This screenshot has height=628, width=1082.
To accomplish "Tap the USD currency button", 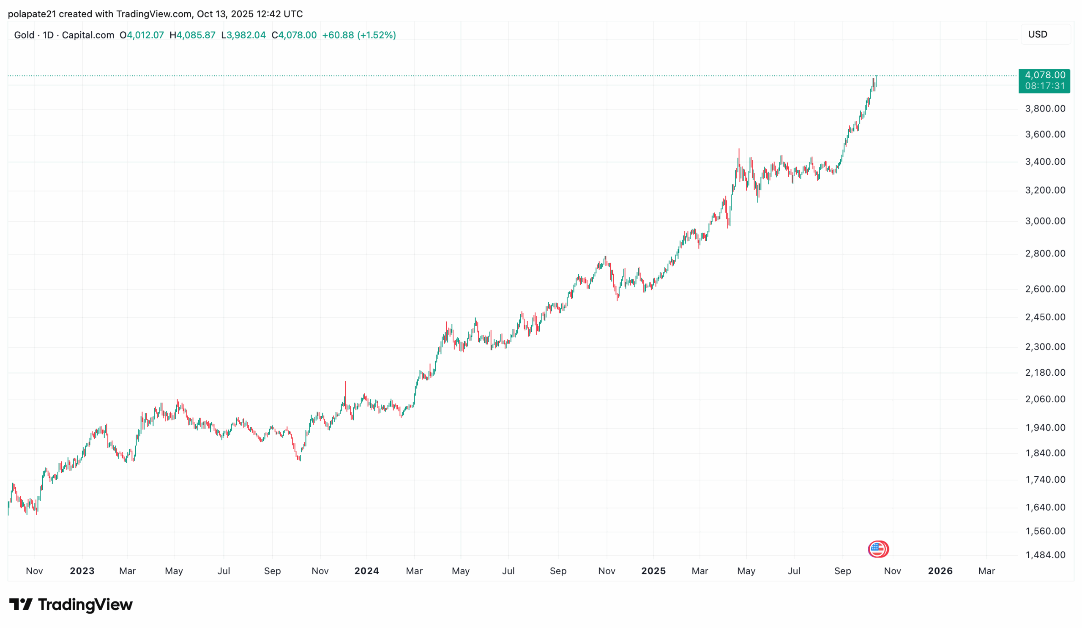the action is tap(1037, 34).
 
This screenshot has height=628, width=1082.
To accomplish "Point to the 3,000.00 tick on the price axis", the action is tap(1045, 221).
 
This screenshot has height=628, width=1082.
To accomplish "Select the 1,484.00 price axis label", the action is tap(1045, 555).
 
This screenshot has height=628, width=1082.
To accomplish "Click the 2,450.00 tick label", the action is tap(1045, 317).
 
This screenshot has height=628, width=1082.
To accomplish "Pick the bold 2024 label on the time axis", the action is tap(367, 571).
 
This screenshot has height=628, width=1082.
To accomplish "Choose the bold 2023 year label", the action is tap(82, 571).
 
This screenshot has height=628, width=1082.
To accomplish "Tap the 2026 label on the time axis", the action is tap(940, 571).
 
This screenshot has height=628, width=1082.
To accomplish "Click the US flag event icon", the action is tap(878, 549).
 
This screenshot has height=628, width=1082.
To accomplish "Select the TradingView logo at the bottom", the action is tap(71, 604).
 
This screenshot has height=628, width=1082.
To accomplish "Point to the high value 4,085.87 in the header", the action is tap(196, 35).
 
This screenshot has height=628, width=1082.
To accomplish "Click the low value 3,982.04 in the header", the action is tap(246, 35).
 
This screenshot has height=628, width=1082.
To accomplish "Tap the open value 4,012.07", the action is tap(145, 35).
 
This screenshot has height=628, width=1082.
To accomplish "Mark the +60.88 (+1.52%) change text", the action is tap(359, 35).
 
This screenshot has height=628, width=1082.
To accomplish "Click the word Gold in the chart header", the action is tap(24, 35).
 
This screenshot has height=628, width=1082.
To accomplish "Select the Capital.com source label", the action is tap(88, 35).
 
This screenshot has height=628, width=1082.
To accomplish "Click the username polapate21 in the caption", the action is tap(32, 14).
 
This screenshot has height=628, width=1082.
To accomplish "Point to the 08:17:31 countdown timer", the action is tap(1045, 86).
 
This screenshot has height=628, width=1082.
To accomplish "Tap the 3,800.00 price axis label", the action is tap(1045, 109).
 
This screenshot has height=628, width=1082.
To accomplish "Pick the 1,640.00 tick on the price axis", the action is tap(1045, 508).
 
